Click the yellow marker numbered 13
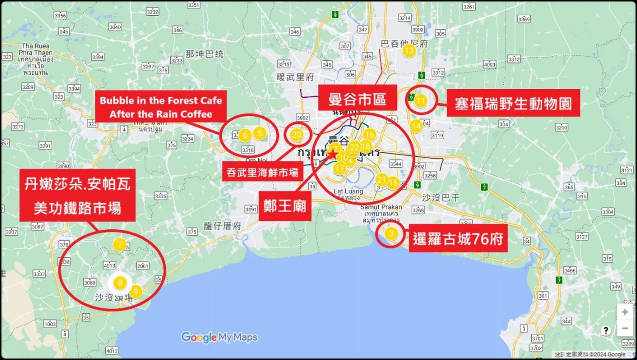coord(409,51)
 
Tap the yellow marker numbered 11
coord(420,101)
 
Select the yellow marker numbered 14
coord(416,126)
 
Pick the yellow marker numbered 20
coord(296,135)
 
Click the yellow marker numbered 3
coord(392,233)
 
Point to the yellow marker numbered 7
coord(120,245)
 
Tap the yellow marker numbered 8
coord(120,283)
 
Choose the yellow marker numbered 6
coord(245,135)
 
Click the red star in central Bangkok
coord(333,155)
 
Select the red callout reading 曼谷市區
coord(358,99)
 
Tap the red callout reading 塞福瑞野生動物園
coord(513,103)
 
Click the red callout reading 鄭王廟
coord(285,206)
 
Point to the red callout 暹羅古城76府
coord(458,239)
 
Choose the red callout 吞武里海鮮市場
coord(262,172)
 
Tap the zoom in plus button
coord(625,312)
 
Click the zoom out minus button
coord(625,328)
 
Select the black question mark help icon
coord(606,331)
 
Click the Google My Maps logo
coord(219,337)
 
